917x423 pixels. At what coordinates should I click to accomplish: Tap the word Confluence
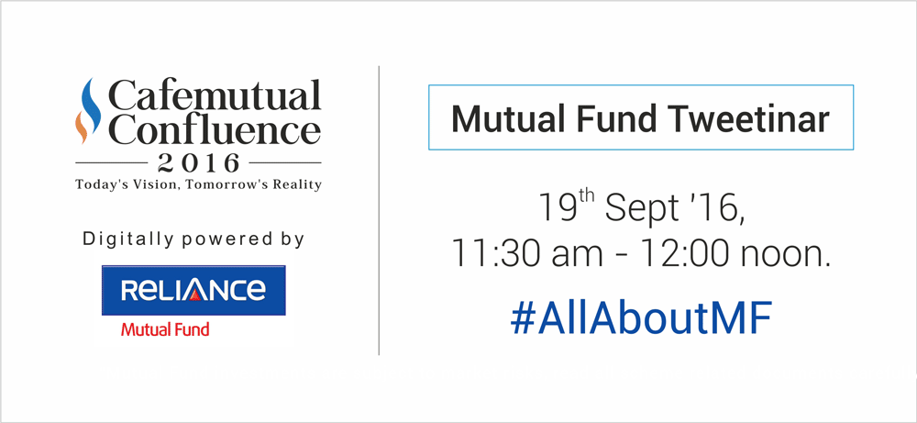coord(215,129)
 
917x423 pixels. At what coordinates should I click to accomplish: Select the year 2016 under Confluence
coord(198,162)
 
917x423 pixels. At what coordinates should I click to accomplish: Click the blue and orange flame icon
coord(88,111)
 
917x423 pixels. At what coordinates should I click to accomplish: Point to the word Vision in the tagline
coord(163,184)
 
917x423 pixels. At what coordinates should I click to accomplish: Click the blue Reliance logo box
coord(193,290)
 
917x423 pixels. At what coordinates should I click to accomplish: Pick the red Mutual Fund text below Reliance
coord(165,329)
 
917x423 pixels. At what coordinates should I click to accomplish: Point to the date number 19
coord(555,208)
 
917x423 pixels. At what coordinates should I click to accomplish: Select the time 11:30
coord(495,255)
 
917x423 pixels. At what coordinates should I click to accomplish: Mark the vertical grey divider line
coord(379,211)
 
